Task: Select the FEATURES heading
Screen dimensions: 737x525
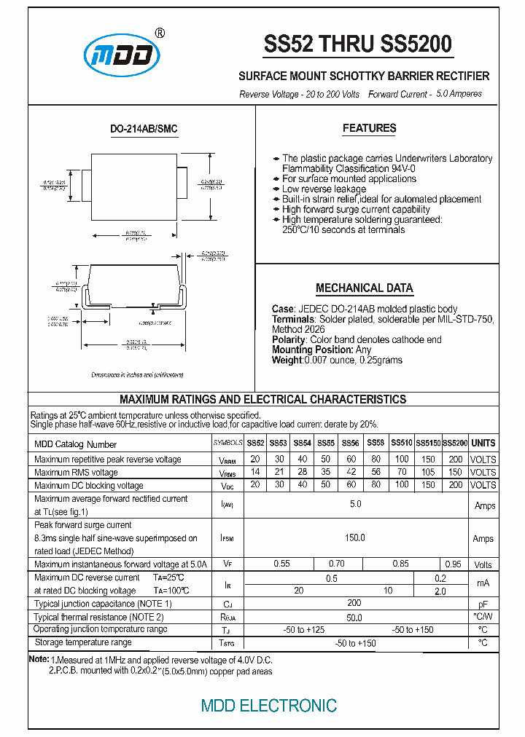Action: tap(369, 128)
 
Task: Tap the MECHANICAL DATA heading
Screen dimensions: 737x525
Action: tap(364, 288)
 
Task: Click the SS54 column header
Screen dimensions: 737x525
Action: tap(302, 443)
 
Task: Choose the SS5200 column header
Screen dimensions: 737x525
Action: tap(455, 443)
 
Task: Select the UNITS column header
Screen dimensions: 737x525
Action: tap(483, 443)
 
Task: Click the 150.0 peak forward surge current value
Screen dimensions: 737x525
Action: tap(354, 537)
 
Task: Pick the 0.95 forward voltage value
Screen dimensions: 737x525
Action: tap(453, 564)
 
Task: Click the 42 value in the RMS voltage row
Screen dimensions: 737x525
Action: tap(351, 473)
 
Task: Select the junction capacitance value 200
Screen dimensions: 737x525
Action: tap(354, 604)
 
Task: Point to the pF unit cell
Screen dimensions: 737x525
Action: tap(483, 604)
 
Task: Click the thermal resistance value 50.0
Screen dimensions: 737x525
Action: tap(354, 617)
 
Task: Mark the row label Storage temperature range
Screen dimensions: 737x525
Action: tap(83, 642)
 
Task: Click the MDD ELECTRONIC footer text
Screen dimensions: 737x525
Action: tap(268, 705)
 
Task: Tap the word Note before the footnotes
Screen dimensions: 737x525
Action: tap(38, 658)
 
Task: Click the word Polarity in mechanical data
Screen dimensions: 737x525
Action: tap(289, 339)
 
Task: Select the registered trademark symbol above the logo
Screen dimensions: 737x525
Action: tap(160, 33)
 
